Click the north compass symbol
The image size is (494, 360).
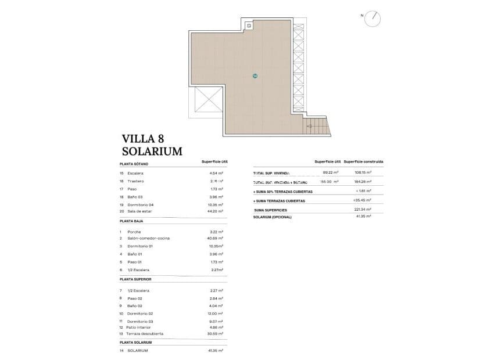(373, 19)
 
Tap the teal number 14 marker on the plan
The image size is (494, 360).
(255, 76)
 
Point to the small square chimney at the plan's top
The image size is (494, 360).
(249, 26)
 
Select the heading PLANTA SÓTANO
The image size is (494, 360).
(134, 164)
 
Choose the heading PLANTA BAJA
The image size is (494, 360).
(131, 221)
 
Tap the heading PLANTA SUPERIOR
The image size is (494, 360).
(135, 279)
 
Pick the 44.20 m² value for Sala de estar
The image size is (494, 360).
(216, 211)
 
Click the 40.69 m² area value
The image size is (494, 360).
(216, 239)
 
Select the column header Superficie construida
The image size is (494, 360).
(363, 161)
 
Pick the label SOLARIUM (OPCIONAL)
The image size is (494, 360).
(273, 217)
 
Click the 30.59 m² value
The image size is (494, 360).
(216, 334)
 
